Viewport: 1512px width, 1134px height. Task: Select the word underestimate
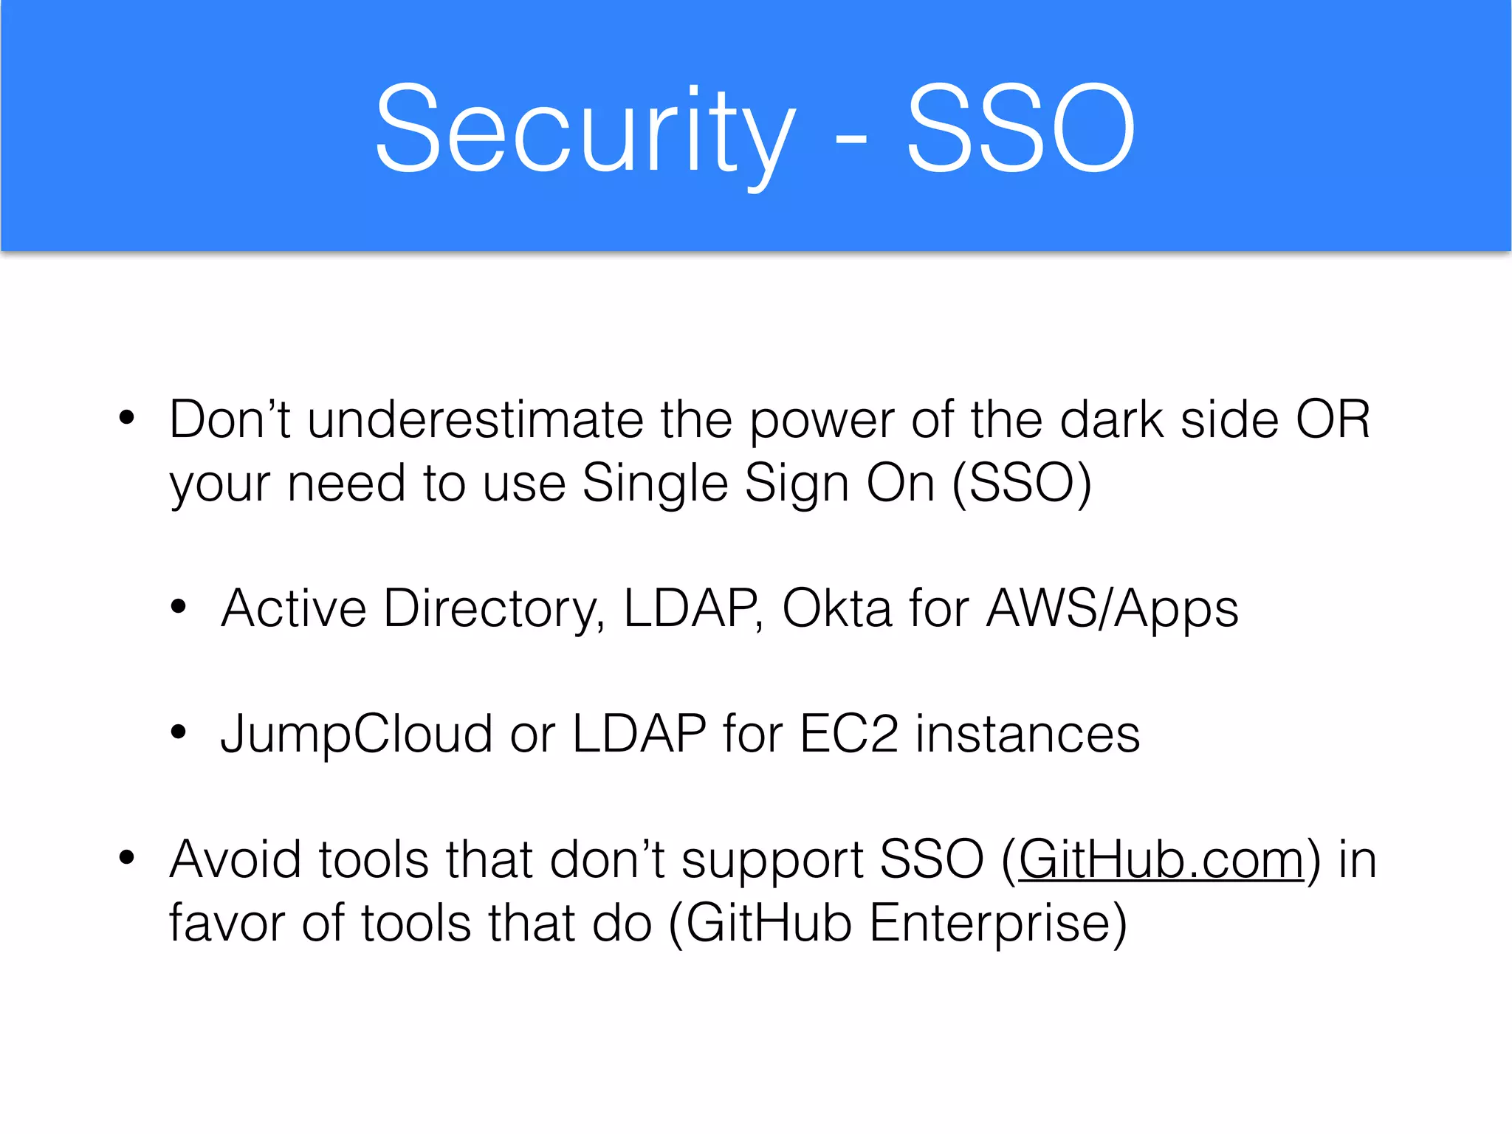[x=475, y=420]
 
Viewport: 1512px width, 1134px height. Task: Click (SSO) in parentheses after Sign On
[x=1022, y=484]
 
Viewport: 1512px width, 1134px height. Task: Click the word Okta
[x=836, y=609]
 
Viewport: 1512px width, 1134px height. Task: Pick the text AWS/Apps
[x=1113, y=610]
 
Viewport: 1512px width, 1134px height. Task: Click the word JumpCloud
[x=356, y=735]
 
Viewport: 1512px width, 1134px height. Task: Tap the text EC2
[x=849, y=735]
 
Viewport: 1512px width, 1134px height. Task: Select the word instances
[x=1028, y=735]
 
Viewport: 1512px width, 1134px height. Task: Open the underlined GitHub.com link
[x=1161, y=860]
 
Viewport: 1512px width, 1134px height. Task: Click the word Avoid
[x=236, y=860]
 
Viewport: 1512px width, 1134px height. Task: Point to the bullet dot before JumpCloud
[x=179, y=732]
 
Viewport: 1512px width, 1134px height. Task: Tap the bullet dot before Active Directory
[x=179, y=607]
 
